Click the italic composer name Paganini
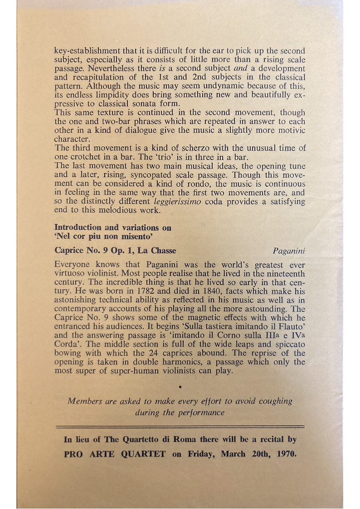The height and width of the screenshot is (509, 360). pyautogui.click(x=289, y=251)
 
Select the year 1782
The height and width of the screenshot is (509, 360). pyautogui.click(x=146, y=291)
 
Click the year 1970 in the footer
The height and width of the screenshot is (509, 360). pyautogui.click(x=285, y=454)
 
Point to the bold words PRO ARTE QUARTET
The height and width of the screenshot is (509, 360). pyautogui.click(x=115, y=454)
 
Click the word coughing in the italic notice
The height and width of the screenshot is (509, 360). pyautogui.click(x=272, y=401)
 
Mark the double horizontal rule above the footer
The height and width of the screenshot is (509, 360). pyautogui.click(x=180, y=426)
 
